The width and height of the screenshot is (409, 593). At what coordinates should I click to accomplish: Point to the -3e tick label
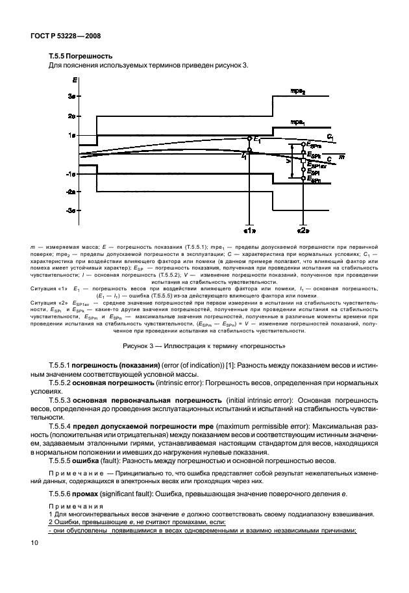(x=73, y=211)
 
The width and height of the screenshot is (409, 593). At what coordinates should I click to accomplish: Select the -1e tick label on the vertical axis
(x=73, y=174)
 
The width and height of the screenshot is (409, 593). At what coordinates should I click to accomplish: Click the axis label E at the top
(x=76, y=79)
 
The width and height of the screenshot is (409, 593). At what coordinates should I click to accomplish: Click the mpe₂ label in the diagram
(x=298, y=92)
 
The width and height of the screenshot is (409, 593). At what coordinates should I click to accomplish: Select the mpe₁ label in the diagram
(x=298, y=121)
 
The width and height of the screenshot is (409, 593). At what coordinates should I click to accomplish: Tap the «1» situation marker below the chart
(x=249, y=230)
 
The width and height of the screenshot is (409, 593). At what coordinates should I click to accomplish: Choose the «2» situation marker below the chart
(x=303, y=230)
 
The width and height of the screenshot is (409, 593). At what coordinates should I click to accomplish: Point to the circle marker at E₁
(x=249, y=138)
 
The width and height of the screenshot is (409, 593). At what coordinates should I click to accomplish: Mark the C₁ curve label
(x=330, y=137)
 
